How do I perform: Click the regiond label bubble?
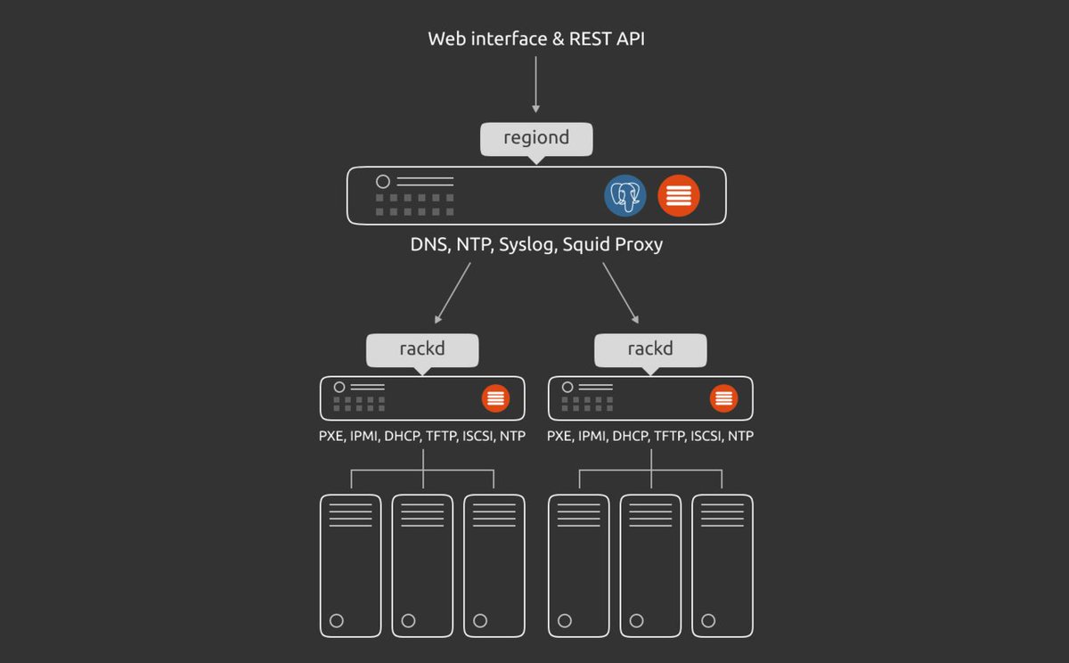[x=536, y=139]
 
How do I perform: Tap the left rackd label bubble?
[x=422, y=349]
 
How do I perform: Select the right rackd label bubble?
[x=650, y=349]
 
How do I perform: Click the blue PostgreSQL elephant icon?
[x=625, y=195]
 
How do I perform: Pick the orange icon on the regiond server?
[x=679, y=195]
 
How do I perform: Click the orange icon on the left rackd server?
[x=495, y=398]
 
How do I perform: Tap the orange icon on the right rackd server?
[x=723, y=398]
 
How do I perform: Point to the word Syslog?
[x=526, y=244]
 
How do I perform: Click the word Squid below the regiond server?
[x=589, y=244]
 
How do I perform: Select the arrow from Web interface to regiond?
[x=535, y=85]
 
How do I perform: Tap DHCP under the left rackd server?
[x=401, y=437]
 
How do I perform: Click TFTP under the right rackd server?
[x=670, y=437]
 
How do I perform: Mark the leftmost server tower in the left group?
[x=351, y=565]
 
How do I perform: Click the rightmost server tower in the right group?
[x=722, y=565]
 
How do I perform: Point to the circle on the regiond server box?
[x=383, y=182]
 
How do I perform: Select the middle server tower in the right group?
[x=650, y=565]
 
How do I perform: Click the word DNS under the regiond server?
[x=429, y=244]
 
